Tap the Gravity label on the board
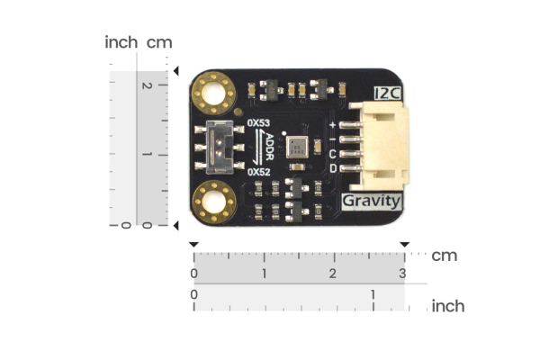coord(372,201)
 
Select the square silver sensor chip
coord(297,147)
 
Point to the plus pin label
coord(334,124)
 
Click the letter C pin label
coord(334,154)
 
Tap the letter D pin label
coord(334,168)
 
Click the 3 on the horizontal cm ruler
coord(402,273)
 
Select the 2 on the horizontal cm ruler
coord(334,273)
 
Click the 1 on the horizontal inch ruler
coord(373,294)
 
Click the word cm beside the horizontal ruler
coord(444,256)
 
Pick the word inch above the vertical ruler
coord(121,42)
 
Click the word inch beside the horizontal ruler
coord(447,306)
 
